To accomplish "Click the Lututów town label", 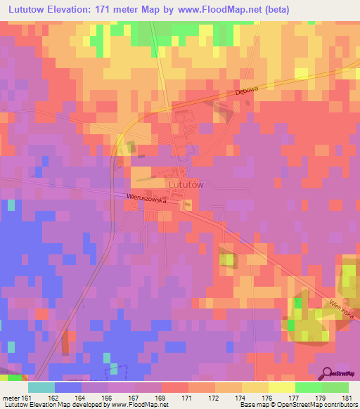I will pos(186,184).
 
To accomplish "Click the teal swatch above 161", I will pos(41,387).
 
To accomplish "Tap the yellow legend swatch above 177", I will pos(282,387).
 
